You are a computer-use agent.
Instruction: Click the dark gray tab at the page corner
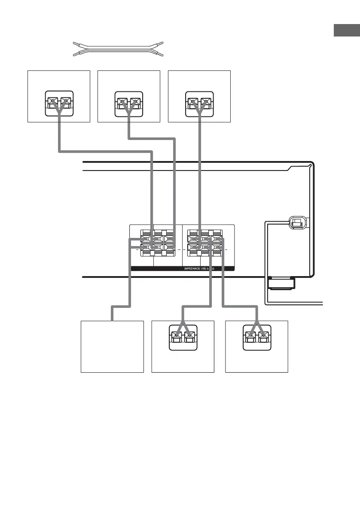[346, 31]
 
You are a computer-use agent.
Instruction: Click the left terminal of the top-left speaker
[53, 103]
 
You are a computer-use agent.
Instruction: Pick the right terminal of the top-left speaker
[65, 103]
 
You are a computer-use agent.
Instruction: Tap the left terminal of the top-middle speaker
[123, 103]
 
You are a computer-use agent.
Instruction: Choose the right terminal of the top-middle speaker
[135, 103]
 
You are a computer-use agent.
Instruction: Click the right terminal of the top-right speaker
[205, 103]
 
